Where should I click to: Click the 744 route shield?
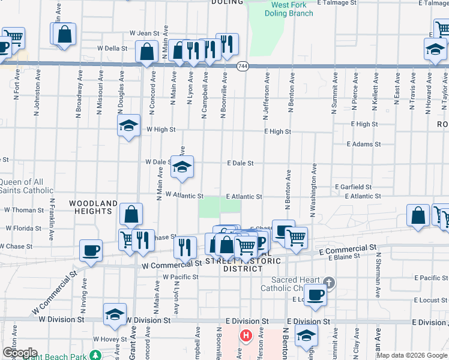tap(243, 65)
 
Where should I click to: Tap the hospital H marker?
tap(245, 336)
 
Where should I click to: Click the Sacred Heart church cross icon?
tap(328, 282)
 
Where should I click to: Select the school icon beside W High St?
tap(128, 125)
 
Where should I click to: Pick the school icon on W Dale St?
tap(182, 167)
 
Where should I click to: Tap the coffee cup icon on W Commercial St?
tap(91, 250)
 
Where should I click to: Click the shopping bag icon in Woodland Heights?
tap(131, 214)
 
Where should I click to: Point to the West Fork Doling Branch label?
tap(292, 9)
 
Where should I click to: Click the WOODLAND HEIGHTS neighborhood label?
tap(93, 208)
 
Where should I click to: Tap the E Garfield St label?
tap(354, 187)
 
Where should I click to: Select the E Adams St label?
tap(364, 144)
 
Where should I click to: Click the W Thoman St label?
tap(25, 210)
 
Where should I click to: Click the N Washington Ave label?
tap(313, 189)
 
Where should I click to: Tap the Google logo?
tap(20, 353)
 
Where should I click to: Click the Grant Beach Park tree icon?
tap(95, 354)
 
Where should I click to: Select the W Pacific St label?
tap(181, 277)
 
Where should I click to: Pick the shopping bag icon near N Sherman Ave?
tap(418, 215)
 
